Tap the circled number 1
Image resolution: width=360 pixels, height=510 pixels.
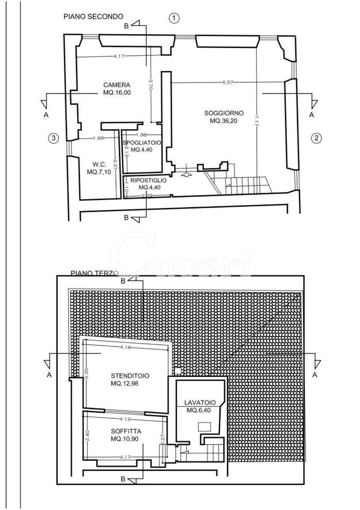click(174, 18)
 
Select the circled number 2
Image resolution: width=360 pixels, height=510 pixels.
click(316, 138)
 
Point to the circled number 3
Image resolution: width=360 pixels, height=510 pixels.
click(53, 138)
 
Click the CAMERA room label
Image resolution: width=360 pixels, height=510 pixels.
click(117, 85)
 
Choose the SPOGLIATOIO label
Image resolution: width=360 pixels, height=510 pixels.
click(141, 143)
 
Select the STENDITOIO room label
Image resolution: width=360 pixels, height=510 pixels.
click(127, 376)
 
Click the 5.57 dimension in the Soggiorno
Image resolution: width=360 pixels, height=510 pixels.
click(228, 82)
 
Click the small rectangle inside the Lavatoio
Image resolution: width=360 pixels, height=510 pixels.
click(205, 427)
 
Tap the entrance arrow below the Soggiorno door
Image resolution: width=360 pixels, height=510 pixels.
click(186, 174)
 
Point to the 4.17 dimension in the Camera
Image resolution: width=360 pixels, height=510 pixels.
click(119, 57)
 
